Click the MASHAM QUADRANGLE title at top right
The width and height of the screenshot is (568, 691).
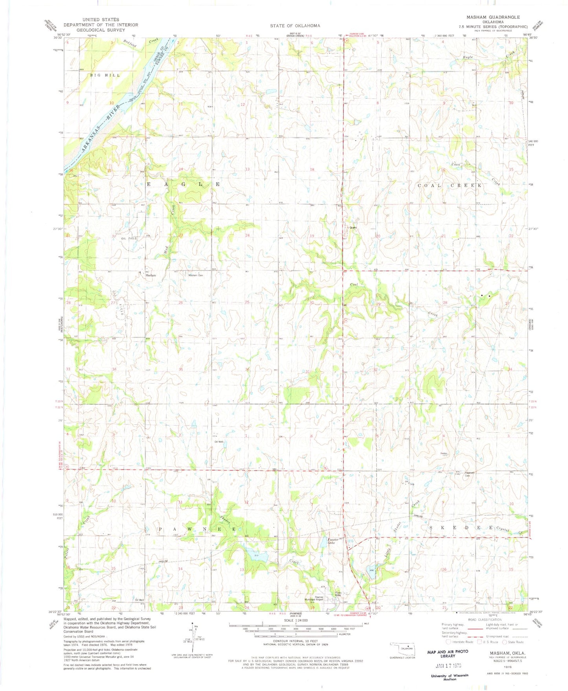[x=493, y=17]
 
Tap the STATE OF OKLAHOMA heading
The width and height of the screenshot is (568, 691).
[x=295, y=26]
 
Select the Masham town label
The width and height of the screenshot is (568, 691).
[x=151, y=275]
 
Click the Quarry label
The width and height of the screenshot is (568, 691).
[x=353, y=227]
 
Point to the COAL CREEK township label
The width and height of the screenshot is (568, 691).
[x=450, y=185]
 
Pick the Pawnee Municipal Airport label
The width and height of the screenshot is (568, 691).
[x=314, y=598]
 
